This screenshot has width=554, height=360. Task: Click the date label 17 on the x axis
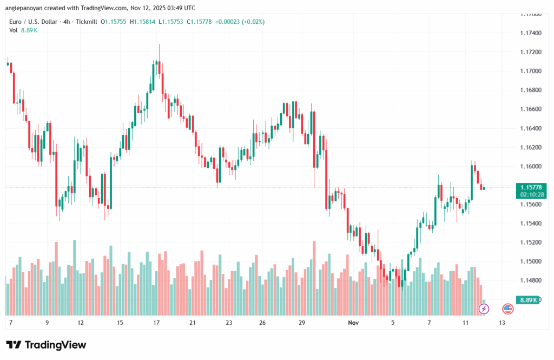pos(156,323)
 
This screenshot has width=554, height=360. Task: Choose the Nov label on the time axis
pos(353,323)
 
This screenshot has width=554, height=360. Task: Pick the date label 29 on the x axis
pos(302,323)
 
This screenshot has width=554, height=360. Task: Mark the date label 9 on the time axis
pos(47,323)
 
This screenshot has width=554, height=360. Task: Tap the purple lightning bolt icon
pos(484,309)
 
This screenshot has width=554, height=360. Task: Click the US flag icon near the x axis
pos(507,309)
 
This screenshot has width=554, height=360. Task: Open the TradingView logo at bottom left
pos(45,345)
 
